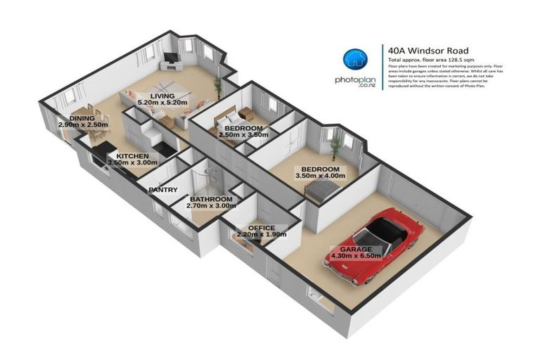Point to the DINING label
(82, 117)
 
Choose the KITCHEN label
(132, 156)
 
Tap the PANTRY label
(161, 189)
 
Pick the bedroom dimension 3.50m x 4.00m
(320, 176)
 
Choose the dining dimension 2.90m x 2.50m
(82, 124)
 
